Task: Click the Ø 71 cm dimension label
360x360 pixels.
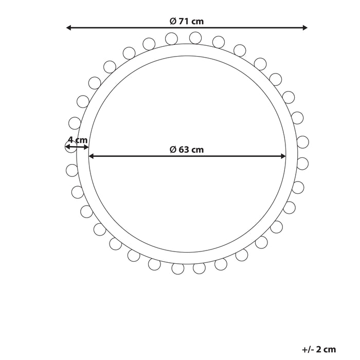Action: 187,21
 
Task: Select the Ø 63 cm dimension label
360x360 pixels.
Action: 187,150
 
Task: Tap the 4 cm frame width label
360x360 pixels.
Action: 78,140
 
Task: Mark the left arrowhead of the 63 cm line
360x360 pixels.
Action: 92,156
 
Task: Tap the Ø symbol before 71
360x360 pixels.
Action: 173,21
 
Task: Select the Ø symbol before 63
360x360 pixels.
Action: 173,150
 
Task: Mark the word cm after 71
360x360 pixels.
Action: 197,21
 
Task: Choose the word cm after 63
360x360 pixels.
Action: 197,150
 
